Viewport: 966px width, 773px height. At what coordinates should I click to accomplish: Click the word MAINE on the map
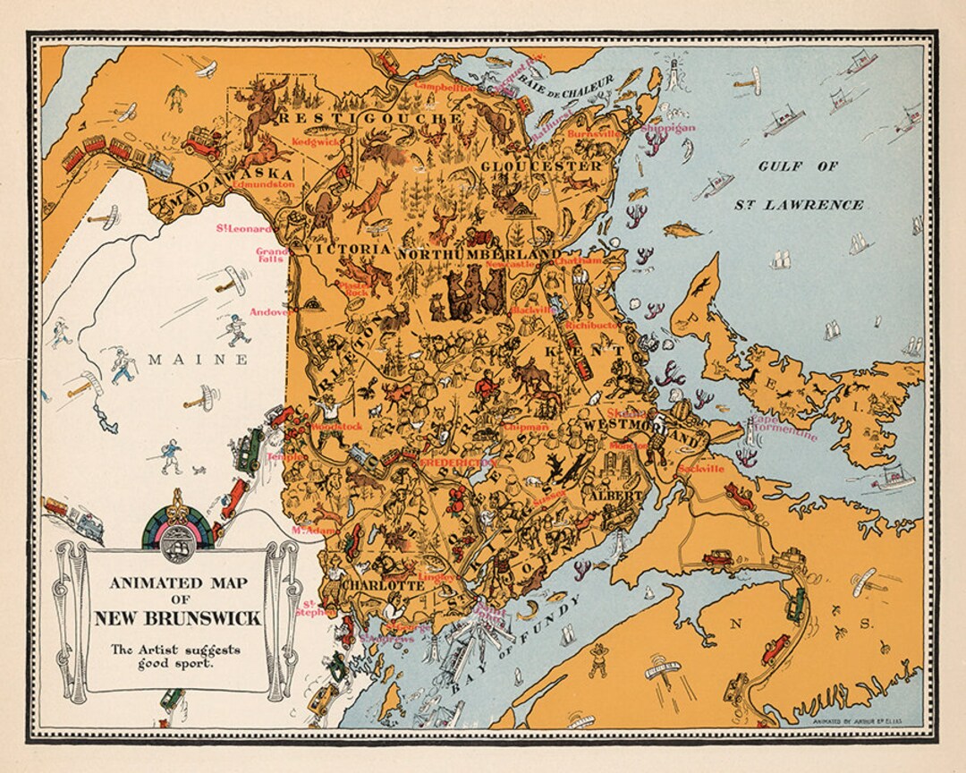coord(197,360)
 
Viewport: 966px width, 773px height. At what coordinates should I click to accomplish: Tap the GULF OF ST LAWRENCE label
coord(799,185)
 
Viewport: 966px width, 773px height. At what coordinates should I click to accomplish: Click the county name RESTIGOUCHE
coord(369,118)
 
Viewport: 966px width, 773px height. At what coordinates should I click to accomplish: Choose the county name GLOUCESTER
coord(541,166)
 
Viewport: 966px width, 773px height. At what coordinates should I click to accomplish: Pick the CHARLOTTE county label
coord(383,586)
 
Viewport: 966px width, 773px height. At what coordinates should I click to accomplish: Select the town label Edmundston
coord(263,184)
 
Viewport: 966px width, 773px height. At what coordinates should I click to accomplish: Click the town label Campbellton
coord(445,88)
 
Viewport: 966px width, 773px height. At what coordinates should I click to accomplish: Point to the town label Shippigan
coord(667,128)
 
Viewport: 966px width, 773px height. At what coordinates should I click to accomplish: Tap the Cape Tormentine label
coord(784,430)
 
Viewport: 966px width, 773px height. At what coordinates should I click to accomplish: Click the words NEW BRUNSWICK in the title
coord(178,618)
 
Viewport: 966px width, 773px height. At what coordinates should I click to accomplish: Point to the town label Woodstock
coord(338,427)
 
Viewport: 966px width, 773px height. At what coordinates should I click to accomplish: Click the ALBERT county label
coord(614,494)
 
